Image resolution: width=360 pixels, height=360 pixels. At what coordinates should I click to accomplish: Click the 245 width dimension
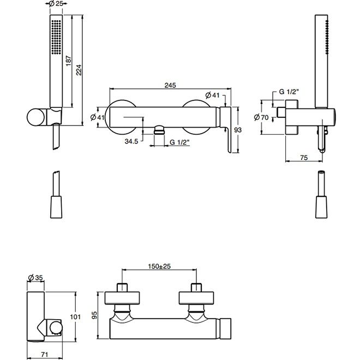coord(170,85)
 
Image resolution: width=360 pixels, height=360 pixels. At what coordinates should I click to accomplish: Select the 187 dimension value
coord(69,61)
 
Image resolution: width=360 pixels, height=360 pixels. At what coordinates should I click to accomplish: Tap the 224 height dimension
coord(79,70)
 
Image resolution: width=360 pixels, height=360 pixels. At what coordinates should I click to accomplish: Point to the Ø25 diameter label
coord(56,4)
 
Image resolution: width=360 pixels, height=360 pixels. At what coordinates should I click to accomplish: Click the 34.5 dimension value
coord(131,141)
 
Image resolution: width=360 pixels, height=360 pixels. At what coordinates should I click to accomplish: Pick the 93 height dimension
coord(238,130)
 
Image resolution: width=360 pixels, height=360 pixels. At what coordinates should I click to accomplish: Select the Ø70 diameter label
coord(261,118)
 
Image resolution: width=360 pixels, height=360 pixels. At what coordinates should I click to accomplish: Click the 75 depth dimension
coord(304,158)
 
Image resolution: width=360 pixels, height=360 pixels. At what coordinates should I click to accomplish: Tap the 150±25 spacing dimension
coord(159,266)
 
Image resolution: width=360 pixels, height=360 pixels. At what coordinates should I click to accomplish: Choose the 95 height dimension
coord(94,315)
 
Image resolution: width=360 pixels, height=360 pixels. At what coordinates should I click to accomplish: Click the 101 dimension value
coord(75,317)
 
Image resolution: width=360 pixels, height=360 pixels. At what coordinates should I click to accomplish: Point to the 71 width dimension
coord(44,355)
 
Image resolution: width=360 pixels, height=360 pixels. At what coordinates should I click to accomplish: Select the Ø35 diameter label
coord(35,278)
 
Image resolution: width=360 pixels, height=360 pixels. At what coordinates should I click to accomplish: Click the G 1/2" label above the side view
coord(289,92)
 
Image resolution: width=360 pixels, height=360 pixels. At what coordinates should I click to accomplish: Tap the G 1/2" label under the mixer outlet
coord(179,142)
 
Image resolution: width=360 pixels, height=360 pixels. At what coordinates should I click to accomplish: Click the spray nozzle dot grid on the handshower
coord(56,37)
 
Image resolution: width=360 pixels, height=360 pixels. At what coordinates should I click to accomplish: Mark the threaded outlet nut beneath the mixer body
coord(159,130)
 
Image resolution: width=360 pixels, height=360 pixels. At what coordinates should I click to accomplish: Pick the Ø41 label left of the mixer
coord(97,117)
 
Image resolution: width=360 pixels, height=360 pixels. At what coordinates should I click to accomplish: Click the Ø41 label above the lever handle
coord(212,95)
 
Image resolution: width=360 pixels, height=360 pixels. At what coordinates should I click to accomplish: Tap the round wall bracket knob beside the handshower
coord(35,117)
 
